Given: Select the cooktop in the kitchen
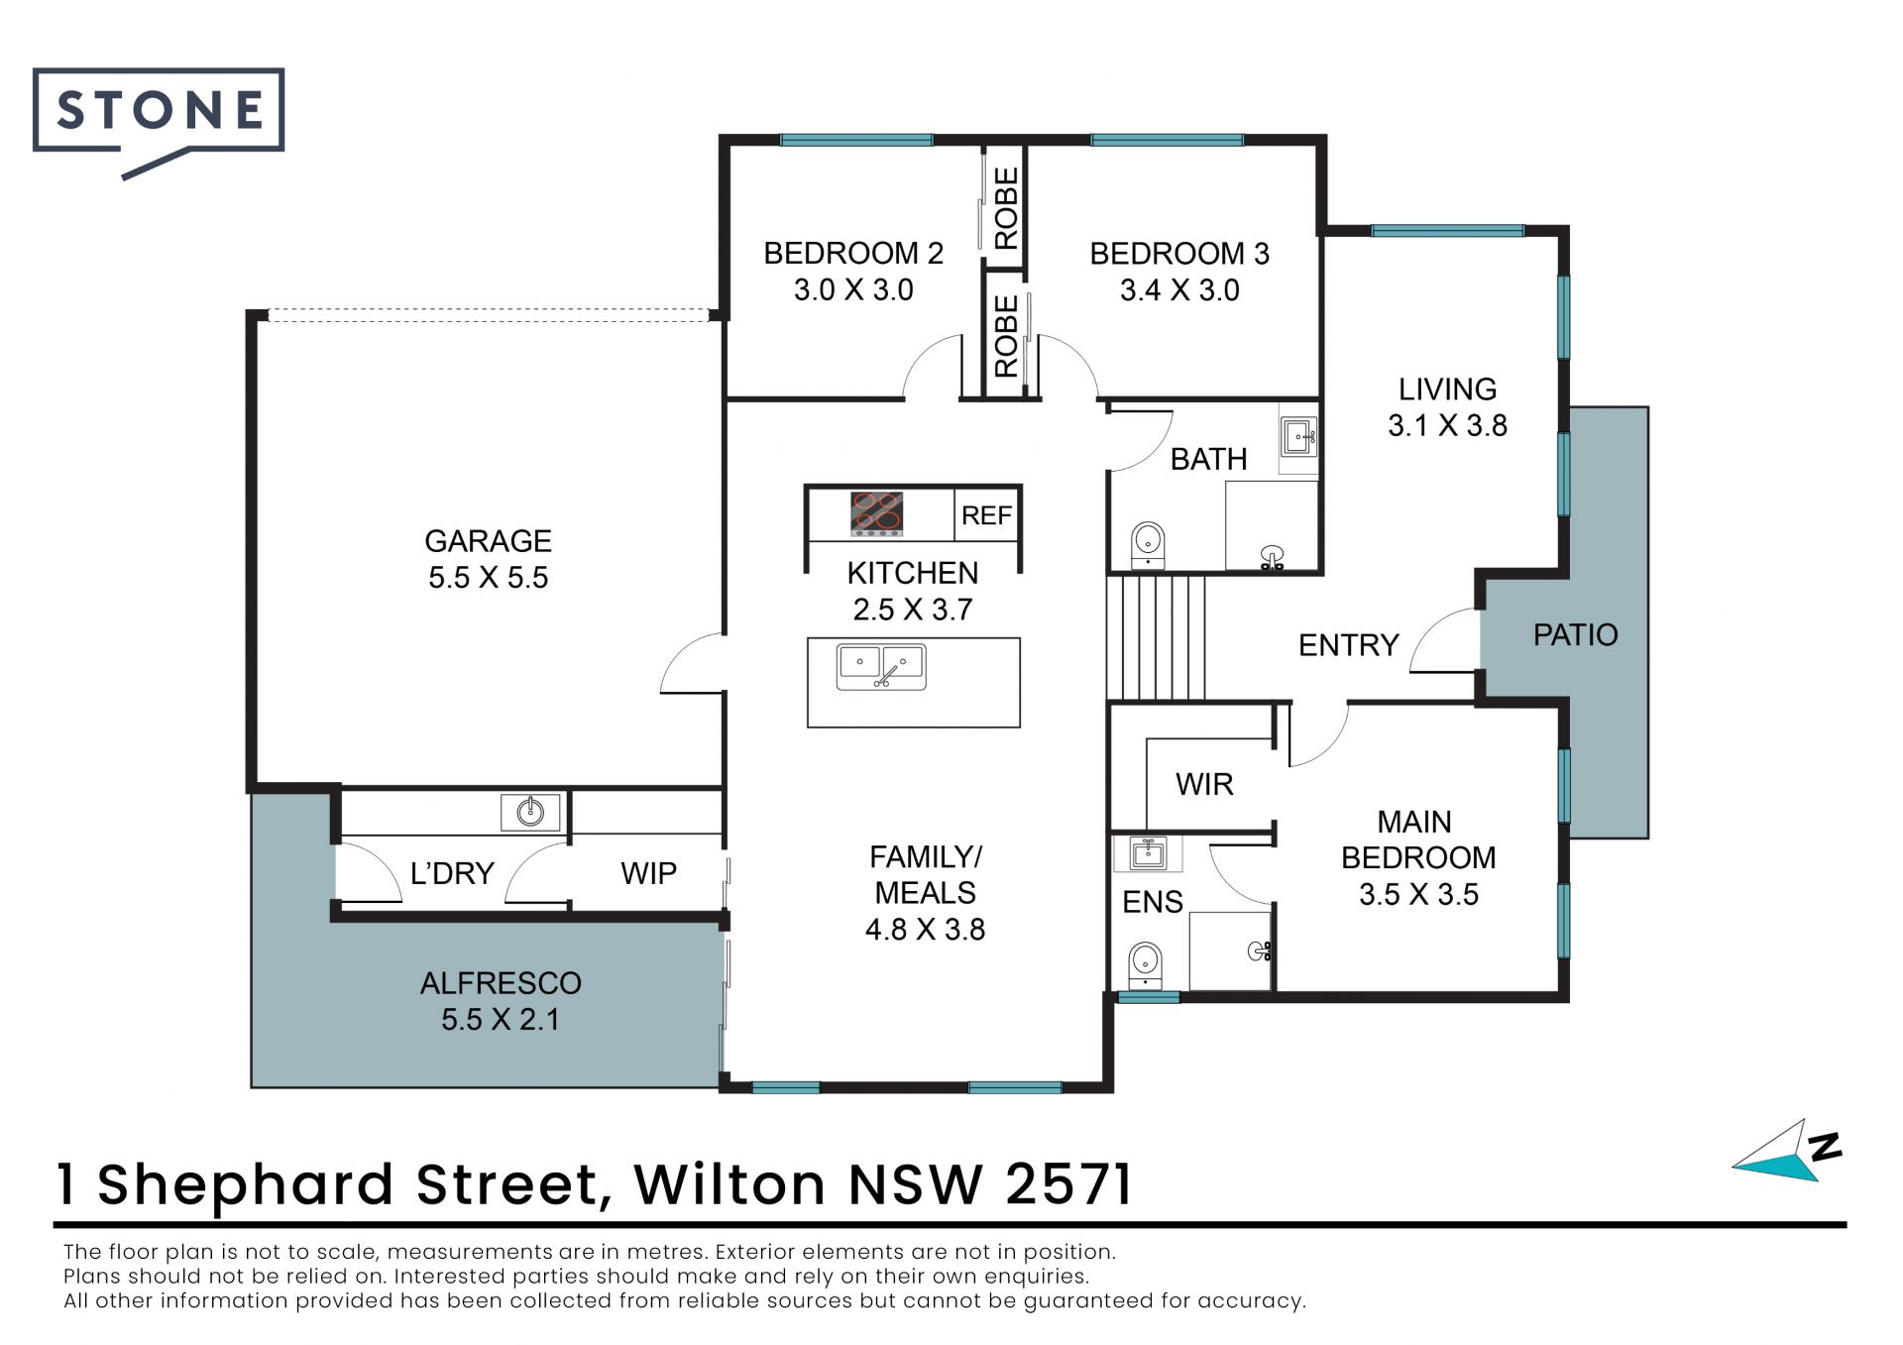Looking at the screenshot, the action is pyautogui.click(x=877, y=514).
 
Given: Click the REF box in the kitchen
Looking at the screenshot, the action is pyautogui.click(x=986, y=515).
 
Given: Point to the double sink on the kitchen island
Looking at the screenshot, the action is pyautogui.click(x=881, y=666).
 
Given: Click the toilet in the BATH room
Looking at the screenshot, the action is pyautogui.click(x=1148, y=544).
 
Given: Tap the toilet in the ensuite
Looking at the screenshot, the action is pyautogui.click(x=1146, y=963).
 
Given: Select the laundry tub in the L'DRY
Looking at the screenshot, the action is pyautogui.click(x=531, y=812).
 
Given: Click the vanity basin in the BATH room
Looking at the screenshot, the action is pyautogui.click(x=1298, y=435).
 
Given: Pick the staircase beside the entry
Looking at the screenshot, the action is pyautogui.click(x=1157, y=637).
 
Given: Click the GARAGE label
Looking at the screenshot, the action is pyautogui.click(x=488, y=541).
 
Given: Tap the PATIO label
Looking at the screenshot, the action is pyautogui.click(x=1575, y=634).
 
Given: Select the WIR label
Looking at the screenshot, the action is pyautogui.click(x=1204, y=784).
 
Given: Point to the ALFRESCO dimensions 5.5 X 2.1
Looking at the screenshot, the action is pyautogui.click(x=501, y=1019).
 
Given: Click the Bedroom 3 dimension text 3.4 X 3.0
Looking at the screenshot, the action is pyautogui.click(x=1179, y=290).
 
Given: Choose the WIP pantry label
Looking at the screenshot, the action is pyautogui.click(x=648, y=873).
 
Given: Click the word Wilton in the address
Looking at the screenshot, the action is pyautogui.click(x=729, y=1183).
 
